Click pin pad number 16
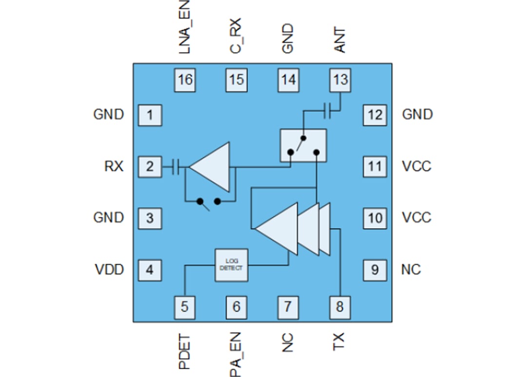185,80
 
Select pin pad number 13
340,80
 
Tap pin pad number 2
150,167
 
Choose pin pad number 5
185,307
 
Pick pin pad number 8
339,307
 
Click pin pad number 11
375,167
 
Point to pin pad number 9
375,269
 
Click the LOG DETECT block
231,266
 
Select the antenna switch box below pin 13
303,145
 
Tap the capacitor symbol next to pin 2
176,167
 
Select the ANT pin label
340,40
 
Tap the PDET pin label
185,351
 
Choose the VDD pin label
109,269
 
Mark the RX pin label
113,167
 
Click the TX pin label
339,342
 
